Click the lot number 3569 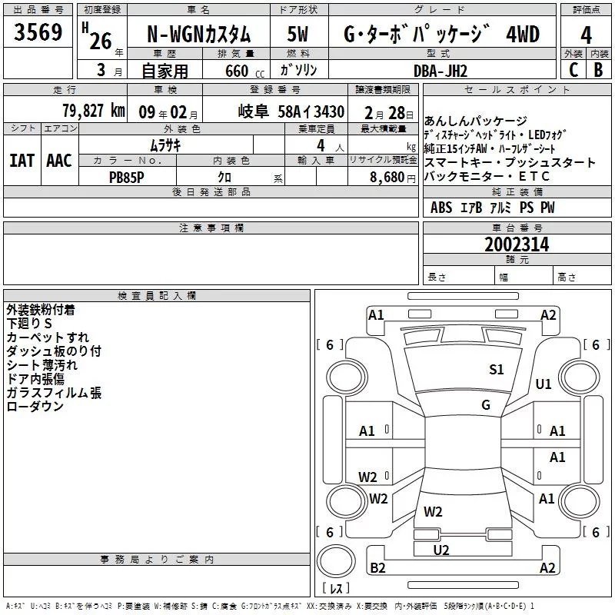[38, 35]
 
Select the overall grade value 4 [586, 35]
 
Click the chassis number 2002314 [517, 244]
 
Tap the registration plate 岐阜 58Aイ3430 [291, 111]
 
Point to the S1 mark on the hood [497, 370]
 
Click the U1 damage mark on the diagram [544, 384]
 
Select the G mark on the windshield [486, 405]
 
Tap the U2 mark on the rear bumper [441, 549]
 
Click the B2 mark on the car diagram [377, 568]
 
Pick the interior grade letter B [599, 70]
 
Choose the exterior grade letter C [573, 70]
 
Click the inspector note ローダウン [35, 407]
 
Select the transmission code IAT [22, 160]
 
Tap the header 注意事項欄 [211, 228]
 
